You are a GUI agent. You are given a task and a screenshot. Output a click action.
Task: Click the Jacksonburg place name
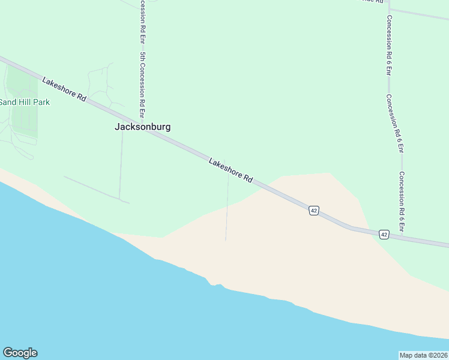(142, 127)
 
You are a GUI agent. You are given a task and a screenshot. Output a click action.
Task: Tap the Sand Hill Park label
(25, 102)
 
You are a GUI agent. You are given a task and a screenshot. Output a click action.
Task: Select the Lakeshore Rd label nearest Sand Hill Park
(65, 88)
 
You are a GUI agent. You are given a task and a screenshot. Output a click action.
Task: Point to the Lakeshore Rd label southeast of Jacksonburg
(231, 170)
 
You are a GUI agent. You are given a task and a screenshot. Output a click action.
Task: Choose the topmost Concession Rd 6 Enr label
(389, 46)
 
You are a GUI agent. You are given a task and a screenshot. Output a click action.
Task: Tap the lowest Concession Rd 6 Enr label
(402, 202)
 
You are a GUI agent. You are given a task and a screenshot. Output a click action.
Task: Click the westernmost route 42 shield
(313, 210)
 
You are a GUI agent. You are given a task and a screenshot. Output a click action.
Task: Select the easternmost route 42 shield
(384, 234)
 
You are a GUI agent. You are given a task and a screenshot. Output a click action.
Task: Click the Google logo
(20, 353)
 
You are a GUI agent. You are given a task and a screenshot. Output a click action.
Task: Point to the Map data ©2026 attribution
(423, 355)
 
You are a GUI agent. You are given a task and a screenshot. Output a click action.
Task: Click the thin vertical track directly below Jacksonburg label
(121, 168)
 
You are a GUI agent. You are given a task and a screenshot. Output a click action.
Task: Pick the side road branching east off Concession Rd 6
(420, 13)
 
